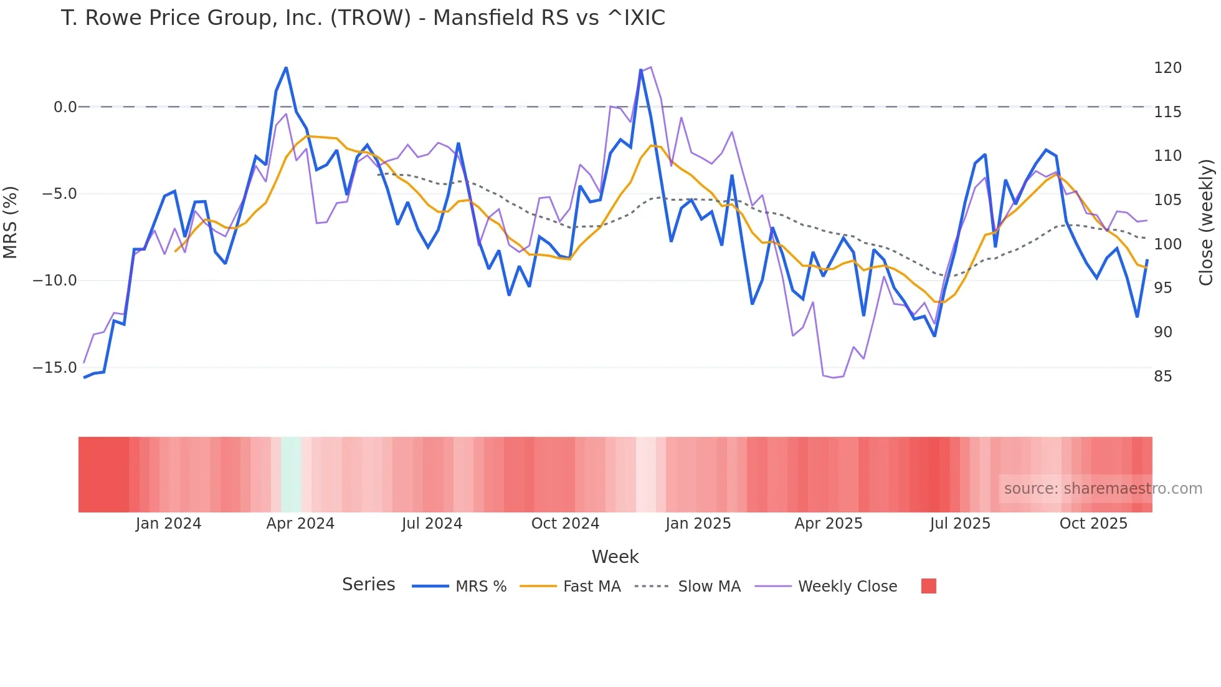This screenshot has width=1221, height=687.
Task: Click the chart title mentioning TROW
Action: coord(363,18)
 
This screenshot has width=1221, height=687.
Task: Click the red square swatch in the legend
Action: coord(928,586)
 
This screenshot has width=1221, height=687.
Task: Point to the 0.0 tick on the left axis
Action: coord(65,107)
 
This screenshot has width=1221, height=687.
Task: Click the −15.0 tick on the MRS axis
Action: coord(55,368)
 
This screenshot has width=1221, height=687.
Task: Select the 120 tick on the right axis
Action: coord(1167,68)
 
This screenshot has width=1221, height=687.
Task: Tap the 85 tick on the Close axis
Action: coord(1163,377)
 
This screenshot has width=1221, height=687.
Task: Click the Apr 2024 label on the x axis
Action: coord(300,524)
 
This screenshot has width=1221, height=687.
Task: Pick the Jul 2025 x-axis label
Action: coord(960,524)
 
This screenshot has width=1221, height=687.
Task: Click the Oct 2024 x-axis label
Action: coord(565,524)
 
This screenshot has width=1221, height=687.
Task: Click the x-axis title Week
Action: coord(615,557)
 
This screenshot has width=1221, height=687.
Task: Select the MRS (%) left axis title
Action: coord(11,222)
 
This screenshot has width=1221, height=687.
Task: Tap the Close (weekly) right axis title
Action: coord(1206,223)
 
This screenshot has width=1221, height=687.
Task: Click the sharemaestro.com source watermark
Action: coord(1103,489)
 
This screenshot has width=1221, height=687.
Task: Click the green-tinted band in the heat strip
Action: coord(291,474)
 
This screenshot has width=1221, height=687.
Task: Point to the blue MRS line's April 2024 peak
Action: coord(286,68)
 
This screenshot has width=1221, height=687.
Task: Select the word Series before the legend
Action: coord(368,585)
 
